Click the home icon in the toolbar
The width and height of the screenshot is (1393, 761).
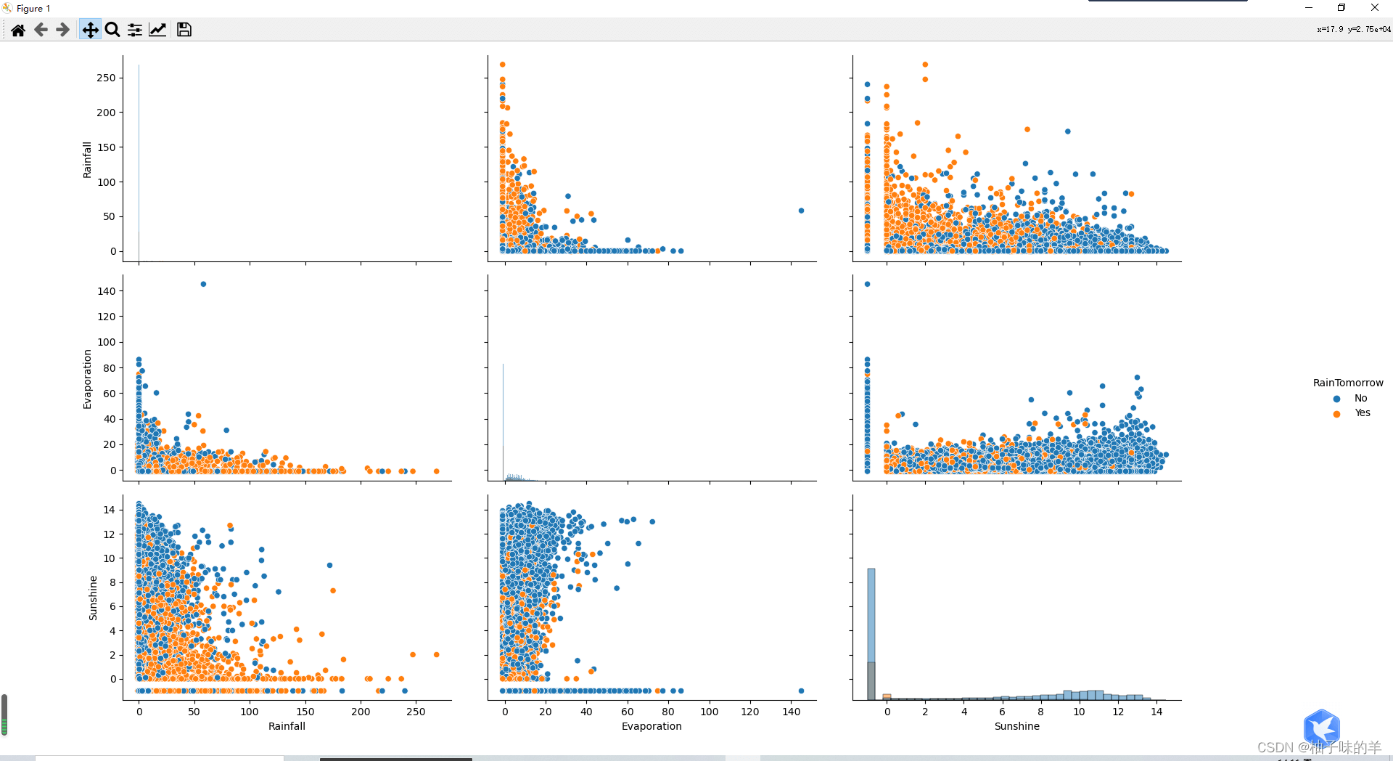pyautogui.click(x=18, y=30)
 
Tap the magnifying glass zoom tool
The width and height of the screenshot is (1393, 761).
pyautogui.click(x=112, y=30)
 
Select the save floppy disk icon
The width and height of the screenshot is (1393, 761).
pyautogui.click(x=184, y=30)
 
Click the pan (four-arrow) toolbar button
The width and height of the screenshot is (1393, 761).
pyautogui.click(x=90, y=30)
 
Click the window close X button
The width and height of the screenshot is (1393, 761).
pyautogui.click(x=1374, y=8)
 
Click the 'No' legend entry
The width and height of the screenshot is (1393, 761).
pyautogui.click(x=1360, y=399)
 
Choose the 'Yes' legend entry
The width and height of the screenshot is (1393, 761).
pyautogui.click(x=1363, y=413)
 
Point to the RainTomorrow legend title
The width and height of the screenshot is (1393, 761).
pyautogui.click(x=1347, y=383)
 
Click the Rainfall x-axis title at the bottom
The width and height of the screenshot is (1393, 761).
pyautogui.click(x=287, y=726)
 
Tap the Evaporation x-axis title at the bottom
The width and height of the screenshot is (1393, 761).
pyautogui.click(x=652, y=726)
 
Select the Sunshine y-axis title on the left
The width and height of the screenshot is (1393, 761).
pyautogui.click(x=93, y=598)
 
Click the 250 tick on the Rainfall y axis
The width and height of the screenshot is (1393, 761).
pyautogui.click(x=106, y=78)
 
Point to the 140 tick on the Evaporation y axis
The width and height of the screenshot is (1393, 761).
pyautogui.click(x=106, y=291)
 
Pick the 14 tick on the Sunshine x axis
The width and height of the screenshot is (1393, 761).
pyautogui.click(x=1156, y=712)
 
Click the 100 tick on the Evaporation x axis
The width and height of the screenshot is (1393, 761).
pyautogui.click(x=709, y=712)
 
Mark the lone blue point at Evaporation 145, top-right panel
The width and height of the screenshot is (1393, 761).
pyautogui.click(x=801, y=211)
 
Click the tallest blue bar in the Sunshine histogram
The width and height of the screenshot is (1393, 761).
pyautogui.click(x=871, y=617)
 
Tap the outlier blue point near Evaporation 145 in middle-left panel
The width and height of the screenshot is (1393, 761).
pyautogui.click(x=203, y=284)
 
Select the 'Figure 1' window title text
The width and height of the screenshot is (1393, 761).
pyautogui.click(x=33, y=9)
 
